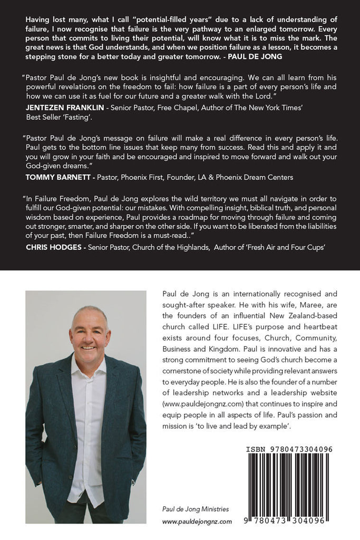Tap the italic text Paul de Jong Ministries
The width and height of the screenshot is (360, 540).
(x=195, y=509)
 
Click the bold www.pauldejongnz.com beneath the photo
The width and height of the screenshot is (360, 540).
(x=197, y=521)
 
